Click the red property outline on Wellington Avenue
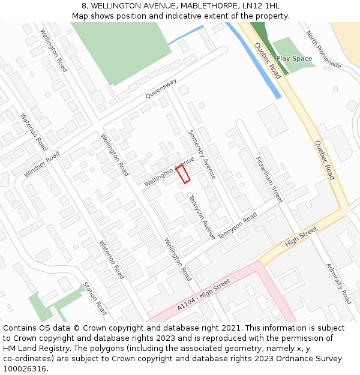point(183,174)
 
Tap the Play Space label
point(294,59)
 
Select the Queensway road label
point(161,89)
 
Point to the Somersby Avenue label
point(202,155)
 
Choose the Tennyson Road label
point(237,226)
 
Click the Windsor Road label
point(42,164)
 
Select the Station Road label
point(95,298)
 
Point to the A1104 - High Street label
point(203,294)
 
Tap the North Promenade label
point(323,50)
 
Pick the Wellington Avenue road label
point(169,170)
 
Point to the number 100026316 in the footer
point(25,368)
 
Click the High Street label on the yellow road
point(301,236)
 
